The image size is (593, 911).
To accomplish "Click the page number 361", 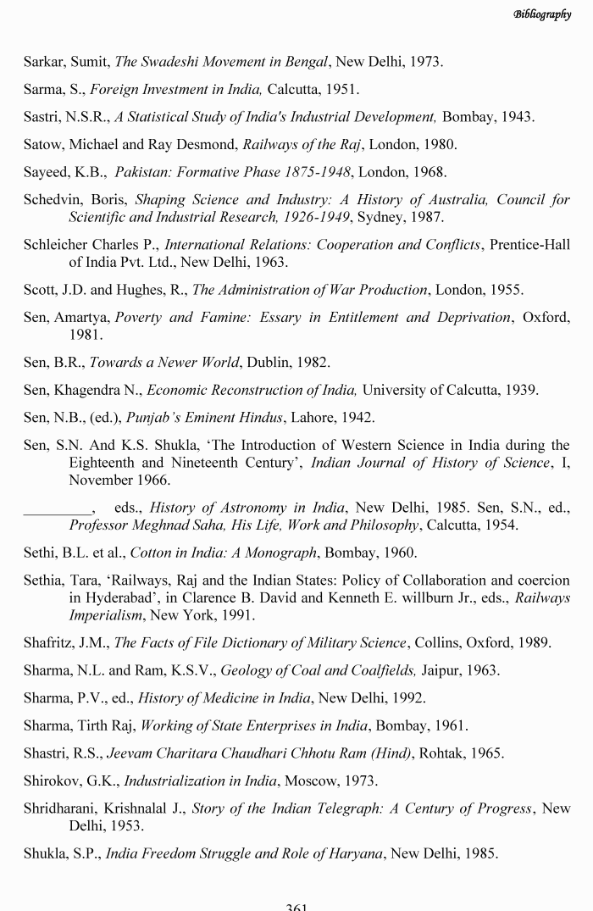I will pyautogui.click(x=296, y=906).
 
